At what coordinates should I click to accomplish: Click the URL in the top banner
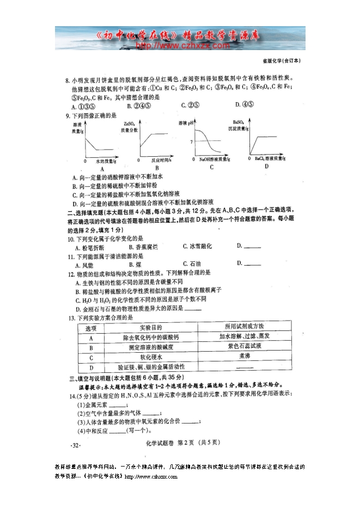click(180, 46)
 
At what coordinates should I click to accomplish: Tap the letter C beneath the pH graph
click(211, 167)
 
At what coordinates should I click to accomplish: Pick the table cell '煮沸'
click(240, 356)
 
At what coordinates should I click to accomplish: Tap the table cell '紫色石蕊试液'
click(240, 346)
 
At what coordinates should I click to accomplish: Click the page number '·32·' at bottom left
click(76, 446)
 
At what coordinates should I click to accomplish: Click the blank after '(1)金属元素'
click(118, 406)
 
